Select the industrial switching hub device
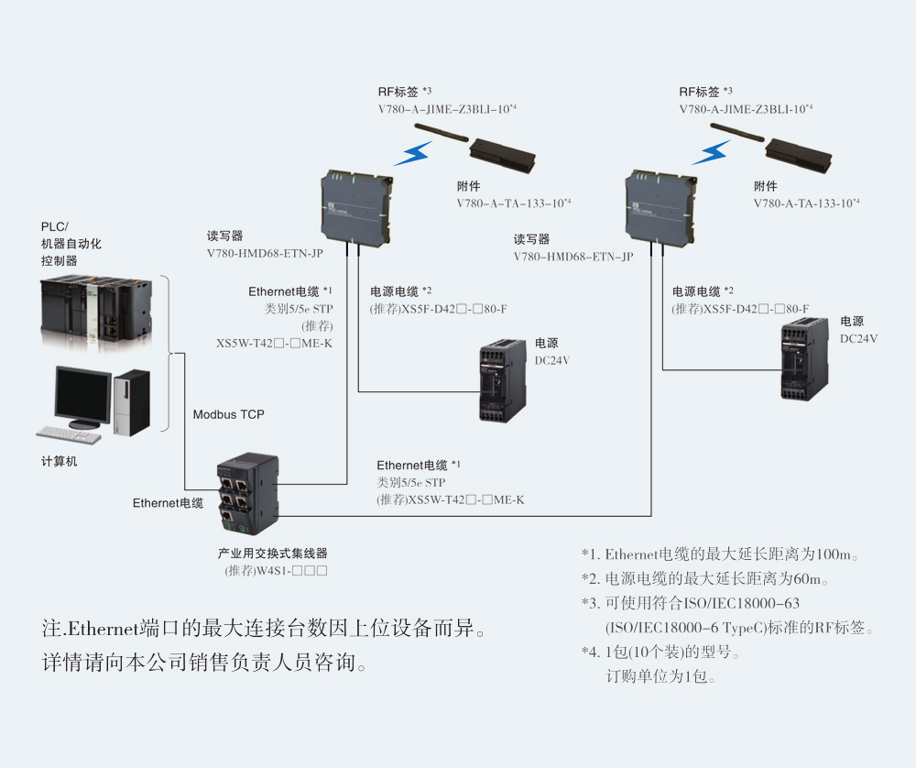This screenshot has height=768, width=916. [x=245, y=495]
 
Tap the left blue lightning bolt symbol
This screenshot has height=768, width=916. [x=413, y=153]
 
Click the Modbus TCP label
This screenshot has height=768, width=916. [x=228, y=415]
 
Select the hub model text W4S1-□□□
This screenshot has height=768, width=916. [x=276, y=571]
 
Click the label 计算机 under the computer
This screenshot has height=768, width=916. [x=60, y=462]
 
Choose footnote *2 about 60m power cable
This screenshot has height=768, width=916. [x=705, y=579]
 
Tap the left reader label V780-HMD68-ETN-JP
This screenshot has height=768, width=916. [x=265, y=252]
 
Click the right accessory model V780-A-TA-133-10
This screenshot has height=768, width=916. [x=806, y=203]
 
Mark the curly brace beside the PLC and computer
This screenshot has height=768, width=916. [x=168, y=353]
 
